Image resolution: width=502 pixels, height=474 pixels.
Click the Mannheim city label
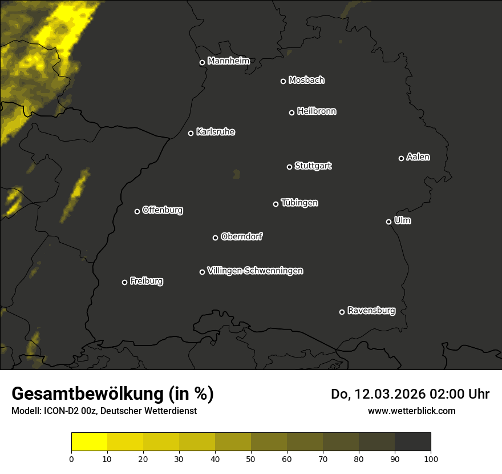228,61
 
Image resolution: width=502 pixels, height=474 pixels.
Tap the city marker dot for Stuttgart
289,167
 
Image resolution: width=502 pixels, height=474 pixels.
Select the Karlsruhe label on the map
215,132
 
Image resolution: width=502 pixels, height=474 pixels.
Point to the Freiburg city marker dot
124,282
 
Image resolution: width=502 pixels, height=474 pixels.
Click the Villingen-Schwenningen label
255,271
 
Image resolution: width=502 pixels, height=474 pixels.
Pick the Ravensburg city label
371,311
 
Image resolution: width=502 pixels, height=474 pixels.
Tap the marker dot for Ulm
388,222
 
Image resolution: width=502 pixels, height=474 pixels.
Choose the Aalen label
418,157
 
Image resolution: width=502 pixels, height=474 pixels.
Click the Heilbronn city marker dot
292,113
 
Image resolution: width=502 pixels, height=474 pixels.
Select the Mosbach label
306,81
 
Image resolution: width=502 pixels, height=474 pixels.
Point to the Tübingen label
299,203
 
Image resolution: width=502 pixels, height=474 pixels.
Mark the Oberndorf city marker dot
215,238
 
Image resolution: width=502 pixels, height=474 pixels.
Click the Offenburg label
163,210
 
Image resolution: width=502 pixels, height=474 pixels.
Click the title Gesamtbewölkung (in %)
112,394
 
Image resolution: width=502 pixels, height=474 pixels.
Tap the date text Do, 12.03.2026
379,394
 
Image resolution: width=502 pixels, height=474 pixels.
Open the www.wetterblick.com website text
411,411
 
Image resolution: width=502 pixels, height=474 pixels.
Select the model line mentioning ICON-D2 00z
104,411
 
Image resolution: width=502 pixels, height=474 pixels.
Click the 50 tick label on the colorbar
251,458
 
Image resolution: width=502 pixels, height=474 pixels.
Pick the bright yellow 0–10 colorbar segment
89,442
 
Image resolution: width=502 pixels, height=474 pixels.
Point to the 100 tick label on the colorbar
431,458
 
